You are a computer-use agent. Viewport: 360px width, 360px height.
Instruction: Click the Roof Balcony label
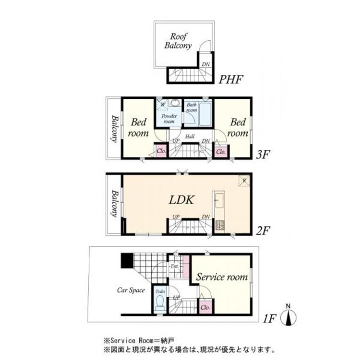pos(178,41)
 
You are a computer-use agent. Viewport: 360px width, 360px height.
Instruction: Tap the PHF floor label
pos(231,79)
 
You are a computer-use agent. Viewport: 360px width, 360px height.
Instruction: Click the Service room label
pos(221,277)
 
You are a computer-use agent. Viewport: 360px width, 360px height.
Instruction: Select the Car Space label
pos(131,290)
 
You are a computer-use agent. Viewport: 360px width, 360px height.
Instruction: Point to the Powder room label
pos(169,119)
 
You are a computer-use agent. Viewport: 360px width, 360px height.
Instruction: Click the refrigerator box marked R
pos(244,180)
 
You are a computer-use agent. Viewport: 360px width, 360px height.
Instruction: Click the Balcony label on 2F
pos(115,204)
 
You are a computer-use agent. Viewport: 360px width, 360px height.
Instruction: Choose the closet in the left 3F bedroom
pos(160,150)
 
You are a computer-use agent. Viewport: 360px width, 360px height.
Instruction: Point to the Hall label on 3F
pos(190,137)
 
